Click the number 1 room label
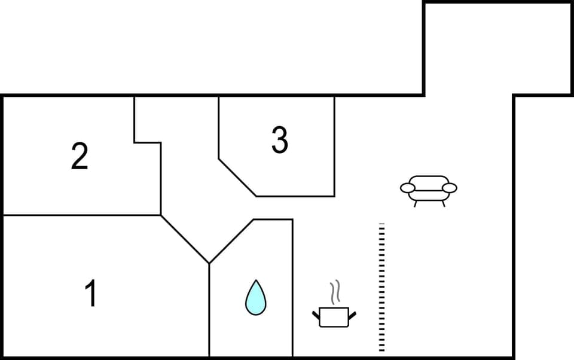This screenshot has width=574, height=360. pos(91,294)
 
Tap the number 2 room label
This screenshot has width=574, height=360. pos(80,156)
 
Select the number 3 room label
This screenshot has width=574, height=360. pos(279,141)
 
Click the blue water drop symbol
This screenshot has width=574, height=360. pos(255,298)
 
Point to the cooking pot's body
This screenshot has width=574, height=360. pos(334,317)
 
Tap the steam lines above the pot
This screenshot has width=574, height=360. pos(336,291)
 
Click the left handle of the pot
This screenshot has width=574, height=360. pos(316,314)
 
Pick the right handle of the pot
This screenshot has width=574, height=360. pos(352,314)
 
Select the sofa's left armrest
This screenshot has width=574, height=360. pos(408,188)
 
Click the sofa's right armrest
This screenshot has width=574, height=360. pos(450,188)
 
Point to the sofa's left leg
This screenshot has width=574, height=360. pos(416,204)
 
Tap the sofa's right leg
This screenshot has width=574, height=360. pos(443,204)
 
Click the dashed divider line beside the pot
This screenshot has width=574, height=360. pos(381,287)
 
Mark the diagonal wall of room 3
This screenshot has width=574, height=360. pos(237,178)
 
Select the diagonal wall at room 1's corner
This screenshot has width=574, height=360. pos(185,239)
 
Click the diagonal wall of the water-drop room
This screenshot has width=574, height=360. pos(231,241)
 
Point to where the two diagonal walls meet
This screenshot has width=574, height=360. pos(209,263)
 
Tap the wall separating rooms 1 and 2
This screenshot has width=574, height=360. pos(81,215)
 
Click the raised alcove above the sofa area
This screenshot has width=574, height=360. pos(468,48)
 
